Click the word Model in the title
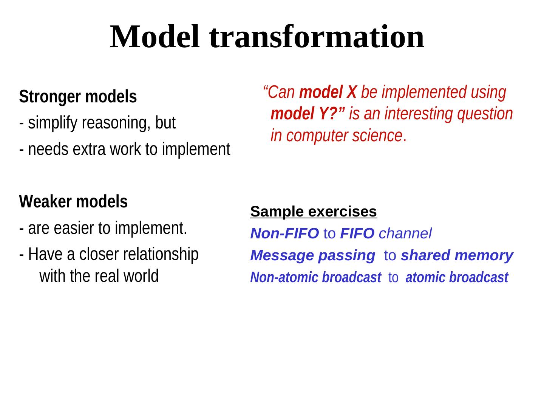pos(155,37)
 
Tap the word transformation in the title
pos(317,37)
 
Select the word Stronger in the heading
pos(49,97)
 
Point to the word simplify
pos(53,123)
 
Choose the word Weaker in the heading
pos(45,201)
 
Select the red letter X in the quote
pos(351,92)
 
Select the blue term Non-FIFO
pos(284,233)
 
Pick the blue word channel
pos(405,233)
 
